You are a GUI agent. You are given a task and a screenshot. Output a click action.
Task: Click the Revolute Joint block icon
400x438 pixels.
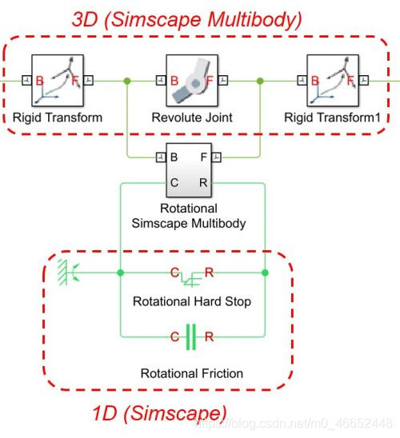pos(191,81)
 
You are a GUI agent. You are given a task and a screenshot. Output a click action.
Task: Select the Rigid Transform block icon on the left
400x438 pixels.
pos(58,81)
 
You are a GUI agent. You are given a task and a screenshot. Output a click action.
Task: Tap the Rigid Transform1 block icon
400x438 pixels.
pos(332,81)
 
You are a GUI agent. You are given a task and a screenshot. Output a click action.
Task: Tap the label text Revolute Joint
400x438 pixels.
pos(191,117)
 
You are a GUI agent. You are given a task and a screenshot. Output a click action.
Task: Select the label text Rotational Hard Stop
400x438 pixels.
pos(191,301)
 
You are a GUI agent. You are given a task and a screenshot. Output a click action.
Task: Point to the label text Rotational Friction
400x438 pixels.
pos(191,373)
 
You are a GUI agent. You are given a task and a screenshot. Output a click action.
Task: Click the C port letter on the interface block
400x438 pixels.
pos(174,183)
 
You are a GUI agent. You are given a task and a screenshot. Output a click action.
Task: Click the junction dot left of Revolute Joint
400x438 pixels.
pos(126,81)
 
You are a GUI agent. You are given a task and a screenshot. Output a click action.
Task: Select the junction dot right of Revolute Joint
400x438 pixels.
pos(261,81)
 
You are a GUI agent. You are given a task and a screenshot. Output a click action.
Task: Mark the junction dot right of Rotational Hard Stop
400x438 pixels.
pos(265,273)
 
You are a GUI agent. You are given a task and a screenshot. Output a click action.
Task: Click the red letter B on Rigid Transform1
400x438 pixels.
pos(314,80)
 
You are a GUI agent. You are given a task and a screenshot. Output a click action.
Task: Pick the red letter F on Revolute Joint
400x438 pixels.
pos(210,80)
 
